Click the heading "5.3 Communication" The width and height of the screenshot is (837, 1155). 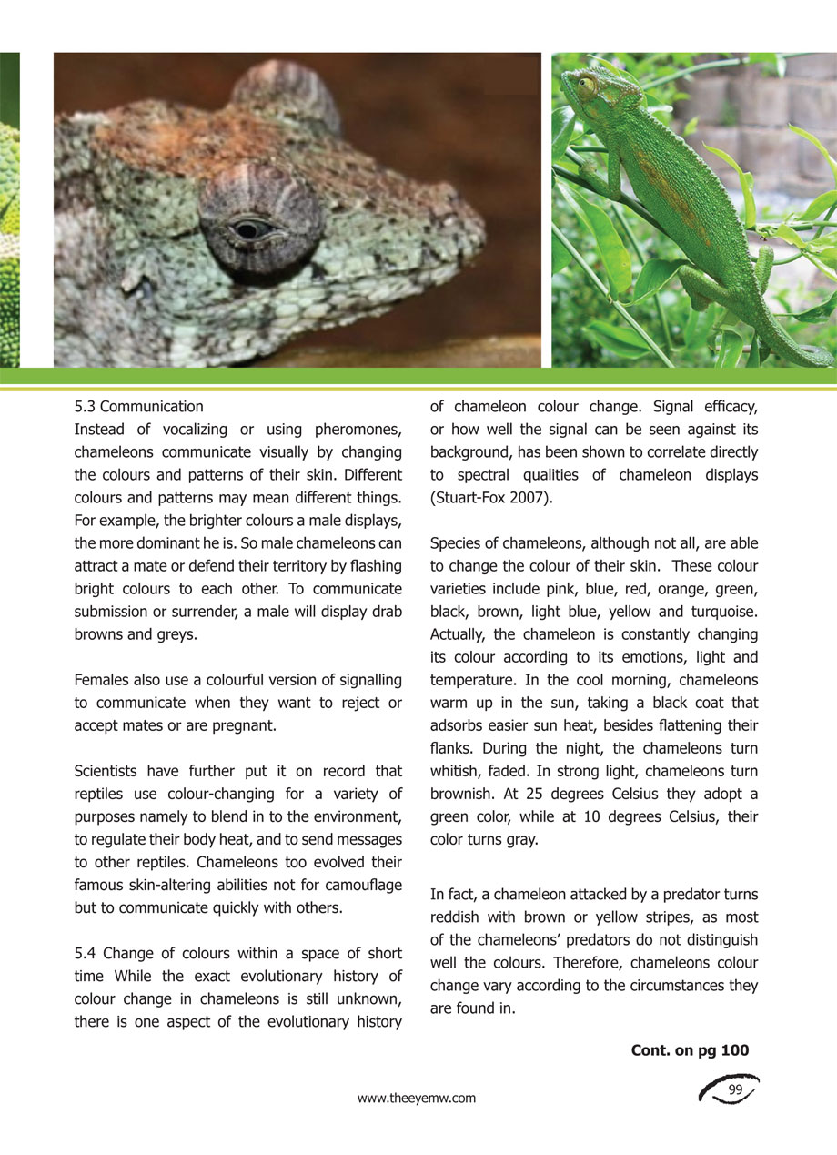point(138,406)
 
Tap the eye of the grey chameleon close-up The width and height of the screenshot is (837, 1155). point(247,229)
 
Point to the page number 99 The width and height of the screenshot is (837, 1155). point(736,1089)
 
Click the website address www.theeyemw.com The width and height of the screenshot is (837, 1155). point(417,1099)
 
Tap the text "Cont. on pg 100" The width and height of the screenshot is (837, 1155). point(690,1050)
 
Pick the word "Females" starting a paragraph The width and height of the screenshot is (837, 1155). point(99,680)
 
